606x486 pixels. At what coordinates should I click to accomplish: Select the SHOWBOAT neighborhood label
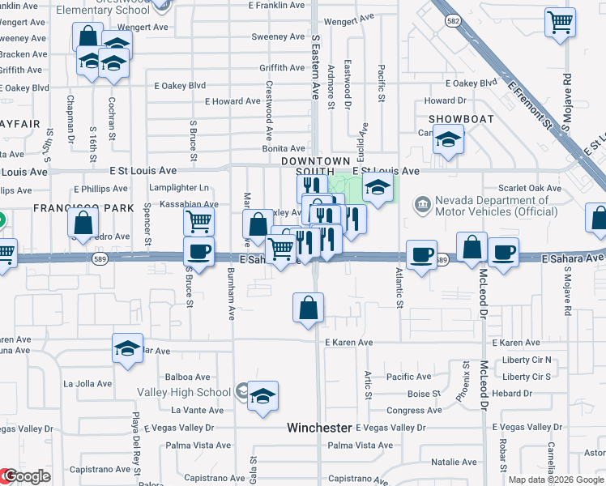[456, 118]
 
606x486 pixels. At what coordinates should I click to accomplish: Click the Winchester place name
[320, 427]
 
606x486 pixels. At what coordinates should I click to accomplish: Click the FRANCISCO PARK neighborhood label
[83, 208]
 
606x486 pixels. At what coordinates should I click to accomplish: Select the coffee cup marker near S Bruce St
[198, 251]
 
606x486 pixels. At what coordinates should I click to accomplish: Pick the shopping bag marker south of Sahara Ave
[308, 308]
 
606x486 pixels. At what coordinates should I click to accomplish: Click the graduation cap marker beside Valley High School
[262, 396]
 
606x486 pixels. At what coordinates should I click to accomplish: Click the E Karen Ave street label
[348, 343]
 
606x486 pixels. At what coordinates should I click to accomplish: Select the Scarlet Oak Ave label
[531, 188]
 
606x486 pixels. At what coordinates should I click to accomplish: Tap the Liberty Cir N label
[526, 360]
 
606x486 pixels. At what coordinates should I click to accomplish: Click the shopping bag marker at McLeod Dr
[472, 248]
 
